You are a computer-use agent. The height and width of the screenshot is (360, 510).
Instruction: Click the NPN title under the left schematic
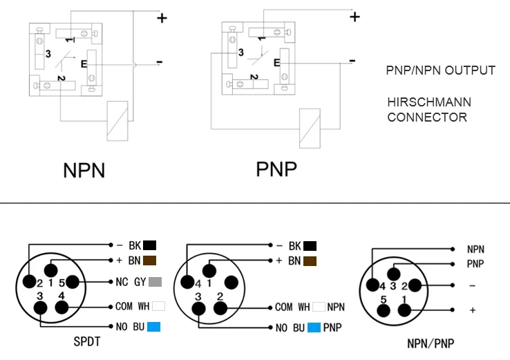tap(84, 170)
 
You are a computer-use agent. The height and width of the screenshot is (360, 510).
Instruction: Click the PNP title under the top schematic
tap(276, 169)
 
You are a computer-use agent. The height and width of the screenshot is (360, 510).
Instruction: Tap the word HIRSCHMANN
tap(429, 102)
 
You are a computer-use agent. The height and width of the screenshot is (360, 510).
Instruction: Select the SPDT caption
tap(87, 341)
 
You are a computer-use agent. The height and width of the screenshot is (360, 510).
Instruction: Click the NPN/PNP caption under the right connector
tap(431, 343)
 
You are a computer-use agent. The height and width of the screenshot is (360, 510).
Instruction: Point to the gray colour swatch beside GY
tap(155, 282)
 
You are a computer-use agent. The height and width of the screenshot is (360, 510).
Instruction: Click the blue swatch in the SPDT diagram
tap(154, 327)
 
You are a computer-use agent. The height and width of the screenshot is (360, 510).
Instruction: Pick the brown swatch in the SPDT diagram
tap(150, 260)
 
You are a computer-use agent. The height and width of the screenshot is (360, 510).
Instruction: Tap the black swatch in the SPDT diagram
tap(150, 245)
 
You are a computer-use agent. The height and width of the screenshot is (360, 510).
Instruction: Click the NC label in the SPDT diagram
tap(122, 282)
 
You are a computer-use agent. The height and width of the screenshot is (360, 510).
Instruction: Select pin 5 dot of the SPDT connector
tap(72, 282)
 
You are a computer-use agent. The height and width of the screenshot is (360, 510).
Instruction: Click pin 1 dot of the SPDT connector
tap(50, 270)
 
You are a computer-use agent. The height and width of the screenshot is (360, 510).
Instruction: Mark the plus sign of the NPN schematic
tap(162, 18)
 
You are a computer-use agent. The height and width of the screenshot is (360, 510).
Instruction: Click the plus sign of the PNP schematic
tap(355, 17)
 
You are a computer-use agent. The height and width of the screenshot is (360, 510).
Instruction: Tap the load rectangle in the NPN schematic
tap(117, 121)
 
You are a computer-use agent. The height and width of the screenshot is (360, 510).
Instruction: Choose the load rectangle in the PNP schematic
tap(310, 129)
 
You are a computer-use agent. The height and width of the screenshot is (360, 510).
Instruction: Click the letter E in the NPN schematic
tap(84, 64)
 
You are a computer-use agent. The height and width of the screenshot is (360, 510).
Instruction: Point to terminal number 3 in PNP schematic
tap(240, 53)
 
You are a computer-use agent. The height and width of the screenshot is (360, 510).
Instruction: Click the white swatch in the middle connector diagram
tap(319, 307)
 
